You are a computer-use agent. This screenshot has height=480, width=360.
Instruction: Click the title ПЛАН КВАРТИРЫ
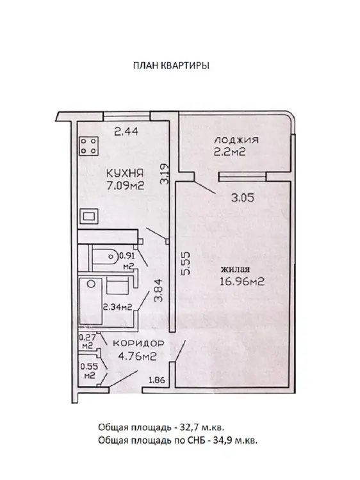tap(171, 66)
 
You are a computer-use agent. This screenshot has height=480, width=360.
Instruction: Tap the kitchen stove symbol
tap(89, 146)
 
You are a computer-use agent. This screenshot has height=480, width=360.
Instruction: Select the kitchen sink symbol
tap(89, 216)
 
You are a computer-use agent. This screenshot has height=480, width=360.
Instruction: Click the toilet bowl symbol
tap(105, 256)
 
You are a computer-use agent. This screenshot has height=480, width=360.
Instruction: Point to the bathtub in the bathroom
tap(91, 301)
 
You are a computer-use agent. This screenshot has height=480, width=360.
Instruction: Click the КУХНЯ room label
tap(125, 173)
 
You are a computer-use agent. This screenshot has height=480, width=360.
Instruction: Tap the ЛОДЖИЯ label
tap(236, 140)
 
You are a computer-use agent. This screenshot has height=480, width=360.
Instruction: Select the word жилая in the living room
tap(235, 269)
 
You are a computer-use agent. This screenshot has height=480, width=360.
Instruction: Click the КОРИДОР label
tap(138, 344)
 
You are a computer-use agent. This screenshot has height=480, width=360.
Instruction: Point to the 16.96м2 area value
tap(241, 282)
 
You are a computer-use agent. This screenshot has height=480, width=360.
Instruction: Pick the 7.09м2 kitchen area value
tap(125, 186)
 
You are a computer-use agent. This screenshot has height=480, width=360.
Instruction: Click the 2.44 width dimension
tap(126, 132)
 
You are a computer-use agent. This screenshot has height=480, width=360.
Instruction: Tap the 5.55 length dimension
tap(186, 263)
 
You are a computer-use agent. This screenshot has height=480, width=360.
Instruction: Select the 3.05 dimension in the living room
tap(242, 198)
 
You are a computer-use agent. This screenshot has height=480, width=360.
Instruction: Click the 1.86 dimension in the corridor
tap(157, 380)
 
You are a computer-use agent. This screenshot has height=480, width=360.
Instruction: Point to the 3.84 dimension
tap(158, 291)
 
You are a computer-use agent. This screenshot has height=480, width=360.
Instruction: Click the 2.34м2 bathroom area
tap(117, 307)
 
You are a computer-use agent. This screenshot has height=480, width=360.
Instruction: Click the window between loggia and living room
tap(242, 177)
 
